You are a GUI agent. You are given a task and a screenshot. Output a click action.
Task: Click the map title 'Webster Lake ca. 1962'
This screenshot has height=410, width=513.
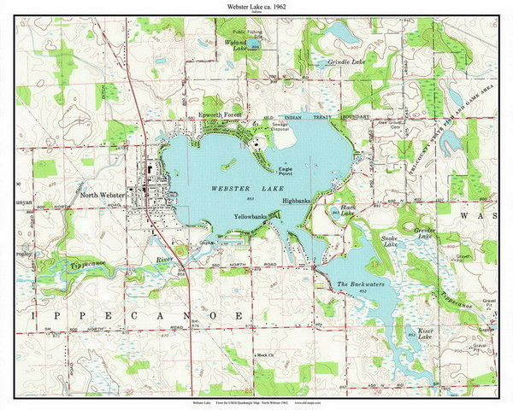point(256,7)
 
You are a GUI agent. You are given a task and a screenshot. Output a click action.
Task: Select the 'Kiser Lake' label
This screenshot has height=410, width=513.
point(427,332)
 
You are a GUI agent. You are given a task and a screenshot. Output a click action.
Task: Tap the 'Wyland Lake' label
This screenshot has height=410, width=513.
point(236,44)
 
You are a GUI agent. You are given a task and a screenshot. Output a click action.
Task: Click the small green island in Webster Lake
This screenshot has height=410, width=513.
point(228,161)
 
